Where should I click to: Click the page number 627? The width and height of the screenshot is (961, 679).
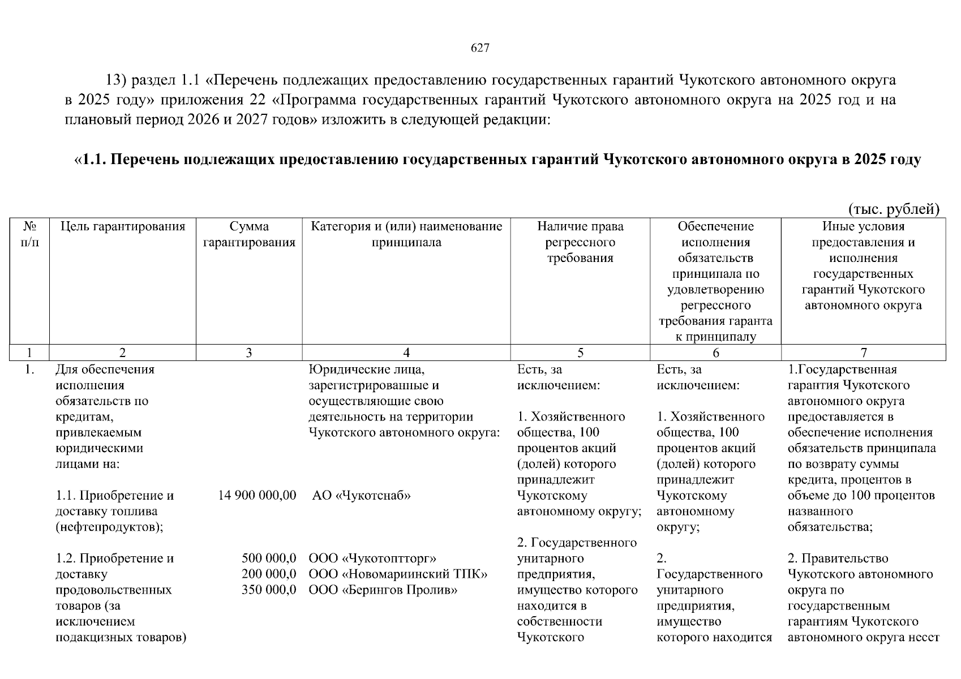point(480,48)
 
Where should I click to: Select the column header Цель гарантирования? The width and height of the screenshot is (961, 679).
point(123,227)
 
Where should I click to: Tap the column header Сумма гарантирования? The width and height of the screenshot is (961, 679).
point(249,235)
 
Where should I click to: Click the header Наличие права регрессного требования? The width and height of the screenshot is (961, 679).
point(580,242)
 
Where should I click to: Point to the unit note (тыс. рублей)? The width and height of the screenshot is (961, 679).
point(894,209)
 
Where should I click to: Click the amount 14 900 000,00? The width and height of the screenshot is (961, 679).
point(257,496)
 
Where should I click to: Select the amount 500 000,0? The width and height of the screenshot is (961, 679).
point(269,558)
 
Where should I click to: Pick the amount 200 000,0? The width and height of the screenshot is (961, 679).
point(269,574)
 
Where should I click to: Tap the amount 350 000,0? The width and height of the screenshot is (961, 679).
point(269,590)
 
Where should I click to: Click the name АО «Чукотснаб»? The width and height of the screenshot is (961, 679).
point(361,496)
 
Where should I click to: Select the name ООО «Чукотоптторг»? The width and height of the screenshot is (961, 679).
point(372,558)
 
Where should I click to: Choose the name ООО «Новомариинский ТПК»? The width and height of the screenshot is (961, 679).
point(398,574)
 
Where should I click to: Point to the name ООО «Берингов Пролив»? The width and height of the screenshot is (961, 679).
point(383,590)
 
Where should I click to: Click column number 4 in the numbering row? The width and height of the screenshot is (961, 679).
point(406,353)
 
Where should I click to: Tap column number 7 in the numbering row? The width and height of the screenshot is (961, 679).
point(864,353)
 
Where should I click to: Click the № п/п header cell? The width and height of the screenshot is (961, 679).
point(29,235)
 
